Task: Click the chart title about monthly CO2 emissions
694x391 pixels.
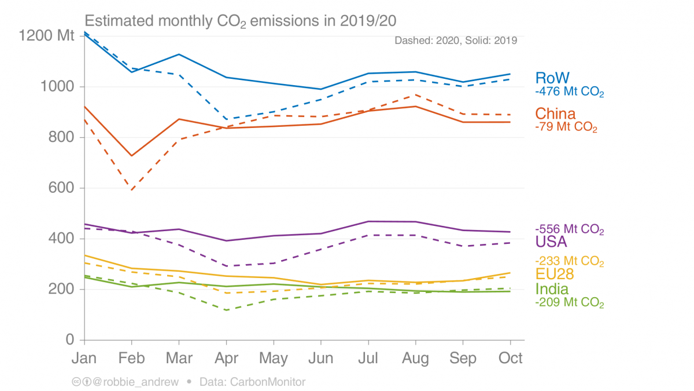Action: click(x=241, y=21)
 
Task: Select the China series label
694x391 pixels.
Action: click(x=555, y=113)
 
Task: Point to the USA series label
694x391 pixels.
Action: click(x=551, y=242)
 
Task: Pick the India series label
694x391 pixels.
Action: click(x=552, y=289)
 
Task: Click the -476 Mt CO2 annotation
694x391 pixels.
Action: click(x=570, y=92)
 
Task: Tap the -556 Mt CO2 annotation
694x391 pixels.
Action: click(x=570, y=229)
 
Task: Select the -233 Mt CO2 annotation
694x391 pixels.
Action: click(x=570, y=261)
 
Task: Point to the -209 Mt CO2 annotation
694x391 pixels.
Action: click(x=570, y=302)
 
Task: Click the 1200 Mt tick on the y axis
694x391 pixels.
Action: click(x=47, y=36)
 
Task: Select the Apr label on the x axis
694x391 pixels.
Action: click(x=226, y=358)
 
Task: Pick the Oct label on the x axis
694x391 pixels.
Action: click(x=510, y=358)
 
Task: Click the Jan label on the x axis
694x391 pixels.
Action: click(x=84, y=358)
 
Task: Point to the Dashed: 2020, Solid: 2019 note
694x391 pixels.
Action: click(x=456, y=41)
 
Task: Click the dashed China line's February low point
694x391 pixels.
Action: click(x=132, y=189)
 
